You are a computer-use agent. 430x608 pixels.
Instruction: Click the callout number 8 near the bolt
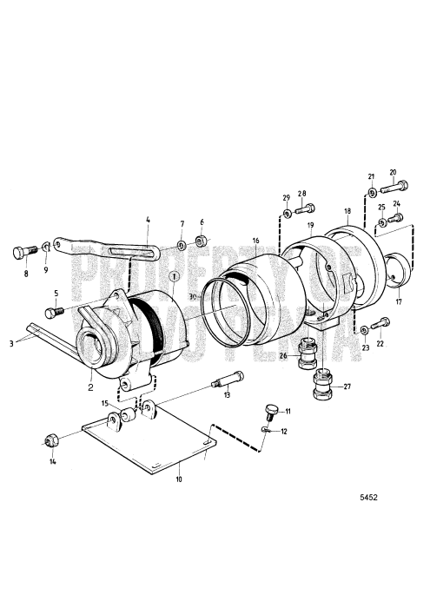pyautogui.click(x=25, y=274)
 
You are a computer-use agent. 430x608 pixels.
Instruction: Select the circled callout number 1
pyautogui.click(x=175, y=276)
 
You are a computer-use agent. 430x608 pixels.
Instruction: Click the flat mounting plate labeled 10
pyautogui.click(x=148, y=447)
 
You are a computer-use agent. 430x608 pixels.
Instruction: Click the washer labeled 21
pyautogui.click(x=372, y=191)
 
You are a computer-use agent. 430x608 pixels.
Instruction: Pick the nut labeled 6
pyautogui.click(x=200, y=241)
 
